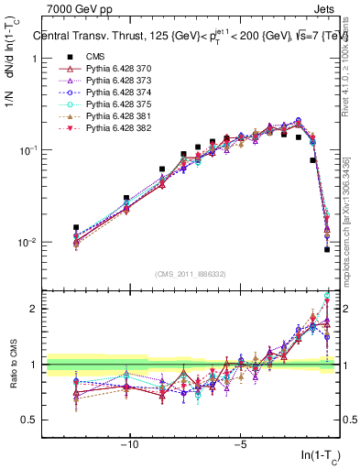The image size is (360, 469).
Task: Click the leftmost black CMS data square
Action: (76, 227)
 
